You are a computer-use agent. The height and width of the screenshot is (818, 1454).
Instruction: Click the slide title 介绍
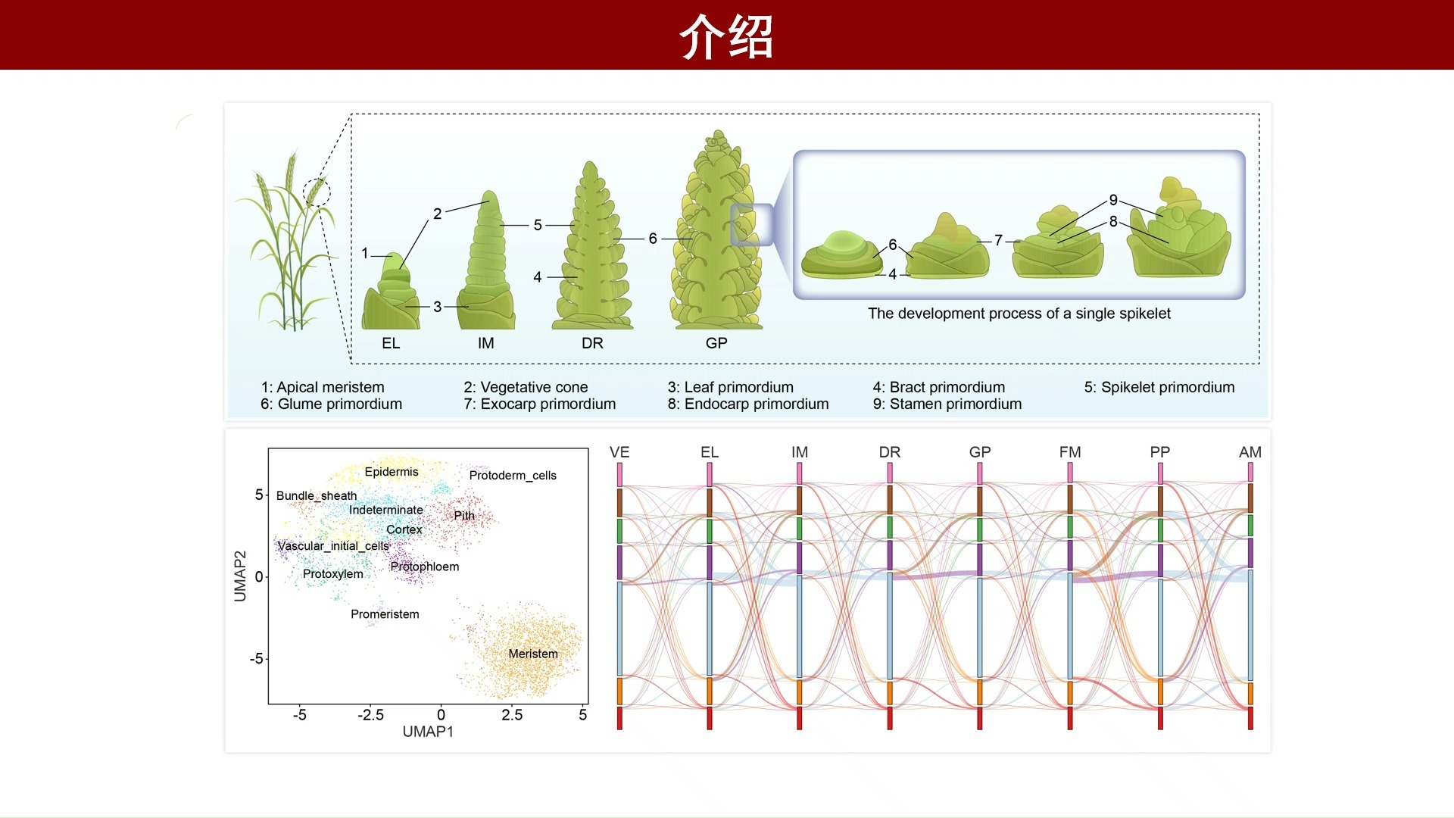pyautogui.click(x=726, y=36)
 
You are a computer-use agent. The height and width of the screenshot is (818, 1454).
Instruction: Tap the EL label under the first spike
pyautogui.click(x=391, y=343)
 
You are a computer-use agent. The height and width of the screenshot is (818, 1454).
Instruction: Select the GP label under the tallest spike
pyautogui.click(x=716, y=343)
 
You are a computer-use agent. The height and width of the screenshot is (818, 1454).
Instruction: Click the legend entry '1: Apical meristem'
pyautogui.click(x=323, y=387)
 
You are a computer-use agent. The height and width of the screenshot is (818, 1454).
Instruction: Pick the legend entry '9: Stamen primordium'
pyautogui.click(x=947, y=404)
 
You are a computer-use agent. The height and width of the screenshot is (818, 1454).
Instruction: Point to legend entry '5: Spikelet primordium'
pyautogui.click(x=1159, y=387)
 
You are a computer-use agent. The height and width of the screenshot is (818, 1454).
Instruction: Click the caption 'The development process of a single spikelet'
pyautogui.click(x=1019, y=314)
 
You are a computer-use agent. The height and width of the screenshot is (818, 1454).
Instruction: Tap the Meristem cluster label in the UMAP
pyautogui.click(x=533, y=654)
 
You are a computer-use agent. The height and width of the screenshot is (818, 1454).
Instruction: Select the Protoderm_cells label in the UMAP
pyautogui.click(x=513, y=476)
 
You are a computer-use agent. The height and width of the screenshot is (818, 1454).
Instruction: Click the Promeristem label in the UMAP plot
pyautogui.click(x=385, y=614)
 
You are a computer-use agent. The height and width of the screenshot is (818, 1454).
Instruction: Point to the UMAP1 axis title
pyautogui.click(x=428, y=732)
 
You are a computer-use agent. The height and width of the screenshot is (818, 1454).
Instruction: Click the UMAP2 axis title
pyautogui.click(x=241, y=576)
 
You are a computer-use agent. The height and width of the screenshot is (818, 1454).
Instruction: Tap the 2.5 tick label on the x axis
pyautogui.click(x=512, y=715)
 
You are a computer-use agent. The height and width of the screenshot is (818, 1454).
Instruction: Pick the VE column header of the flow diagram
pyautogui.click(x=619, y=452)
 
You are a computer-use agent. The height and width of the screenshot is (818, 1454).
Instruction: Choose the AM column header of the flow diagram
pyautogui.click(x=1250, y=452)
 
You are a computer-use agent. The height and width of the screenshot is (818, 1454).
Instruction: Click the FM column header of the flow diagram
pyautogui.click(x=1070, y=452)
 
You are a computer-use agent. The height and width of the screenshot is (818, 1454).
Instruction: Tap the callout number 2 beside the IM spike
pyautogui.click(x=437, y=214)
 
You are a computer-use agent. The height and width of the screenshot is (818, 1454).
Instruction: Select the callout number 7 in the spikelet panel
pyautogui.click(x=998, y=240)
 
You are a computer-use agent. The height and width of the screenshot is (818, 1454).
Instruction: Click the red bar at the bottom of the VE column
pyautogui.click(x=619, y=718)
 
